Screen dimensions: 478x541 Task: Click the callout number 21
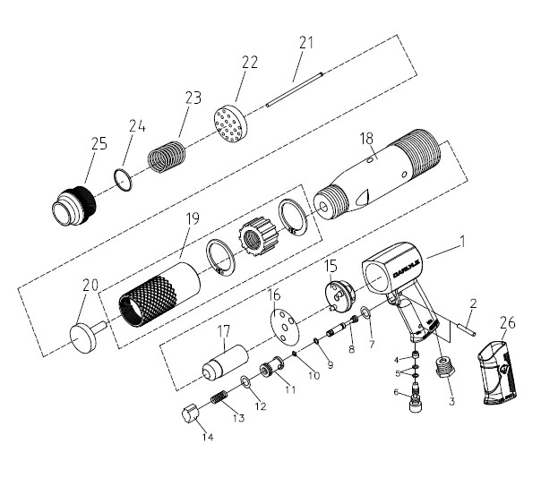(x=306, y=42)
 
